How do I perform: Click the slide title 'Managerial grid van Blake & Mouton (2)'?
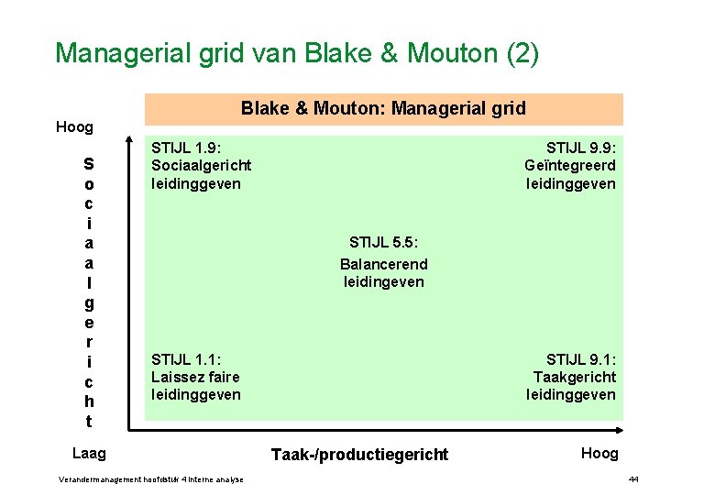[297, 52]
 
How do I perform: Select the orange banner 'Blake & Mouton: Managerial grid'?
[383, 108]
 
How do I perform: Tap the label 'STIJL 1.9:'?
[186, 148]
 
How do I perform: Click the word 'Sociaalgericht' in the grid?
[201, 165]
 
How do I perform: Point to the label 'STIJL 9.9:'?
[581, 148]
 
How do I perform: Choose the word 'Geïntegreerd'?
[570, 165]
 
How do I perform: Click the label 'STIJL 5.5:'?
[384, 243]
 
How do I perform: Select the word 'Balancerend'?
[383, 264]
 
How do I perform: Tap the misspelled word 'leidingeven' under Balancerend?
[384, 281]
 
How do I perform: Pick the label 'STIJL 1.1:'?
[186, 359]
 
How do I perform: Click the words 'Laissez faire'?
[195, 377]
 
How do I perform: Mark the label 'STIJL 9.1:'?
[581, 359]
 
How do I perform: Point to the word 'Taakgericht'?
[575, 377]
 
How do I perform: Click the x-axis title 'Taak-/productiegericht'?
[359, 454]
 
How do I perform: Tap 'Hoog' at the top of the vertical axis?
[74, 127]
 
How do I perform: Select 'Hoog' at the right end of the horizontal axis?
[599, 453]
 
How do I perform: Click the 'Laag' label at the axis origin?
[89, 453]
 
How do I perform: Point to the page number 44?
[633, 479]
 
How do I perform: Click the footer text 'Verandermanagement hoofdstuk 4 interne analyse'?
[150, 479]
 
